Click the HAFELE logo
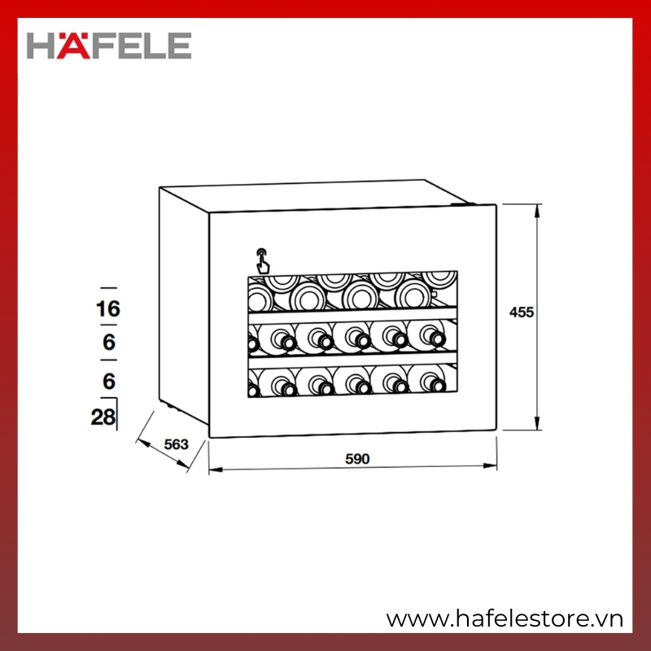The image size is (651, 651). pyautogui.click(x=109, y=46)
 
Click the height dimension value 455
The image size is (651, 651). pyautogui.click(x=522, y=312)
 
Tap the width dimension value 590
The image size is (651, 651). pyautogui.click(x=357, y=459)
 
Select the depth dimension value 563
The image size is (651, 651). pyautogui.click(x=176, y=444)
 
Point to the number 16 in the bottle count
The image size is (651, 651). pyautogui.click(x=108, y=309)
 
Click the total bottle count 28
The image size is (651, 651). pyautogui.click(x=103, y=417)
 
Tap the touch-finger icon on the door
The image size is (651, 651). pyautogui.click(x=262, y=261)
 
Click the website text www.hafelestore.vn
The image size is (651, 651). pyautogui.click(x=505, y=619)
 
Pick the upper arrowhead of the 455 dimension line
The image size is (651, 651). pyautogui.click(x=537, y=211)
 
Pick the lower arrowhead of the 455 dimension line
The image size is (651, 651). pyautogui.click(x=537, y=423)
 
